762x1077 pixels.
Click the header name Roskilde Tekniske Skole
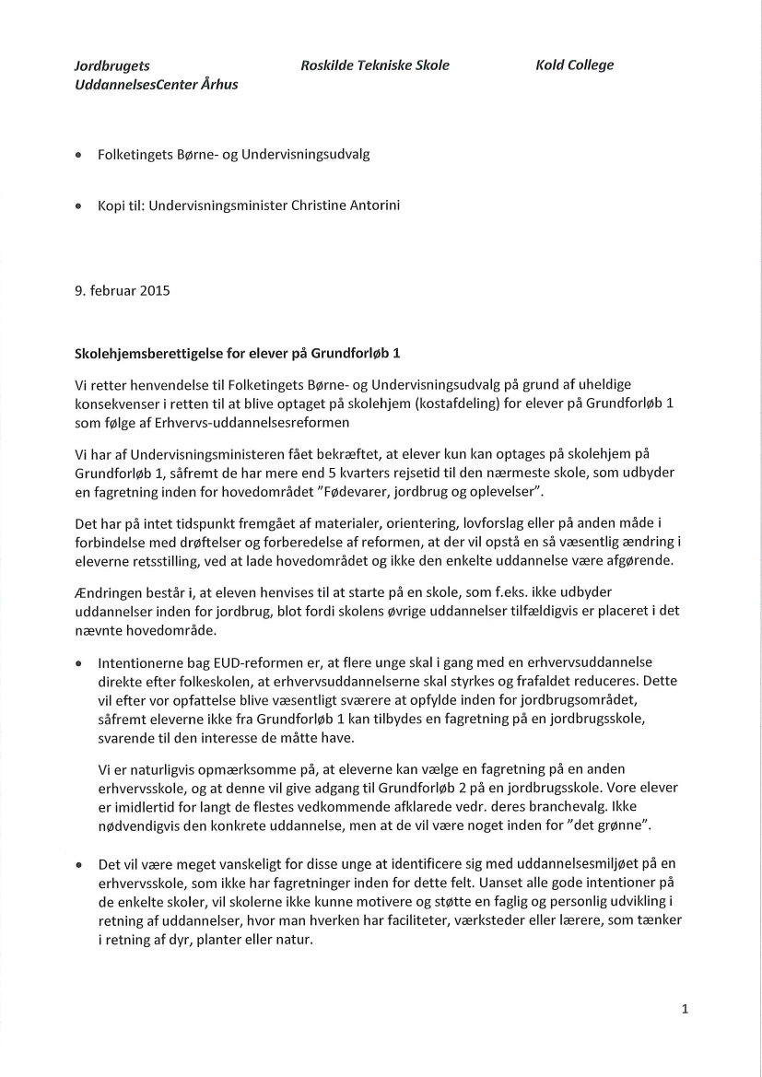point(374,65)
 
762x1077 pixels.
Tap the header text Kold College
point(573,65)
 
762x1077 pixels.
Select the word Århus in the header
point(219,85)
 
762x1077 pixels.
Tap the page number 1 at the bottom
point(685,1009)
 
